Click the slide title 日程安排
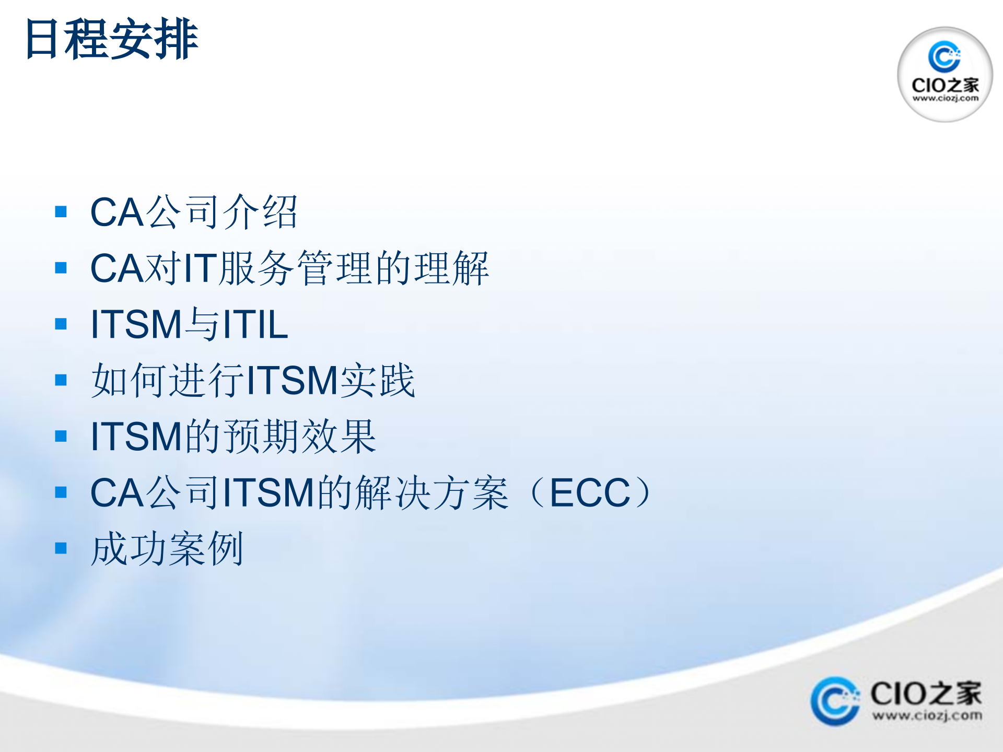(111, 39)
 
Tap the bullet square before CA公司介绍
(61, 211)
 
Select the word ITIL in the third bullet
(255, 324)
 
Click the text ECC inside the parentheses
(590, 492)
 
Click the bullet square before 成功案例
(61, 548)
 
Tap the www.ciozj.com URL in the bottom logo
(927, 715)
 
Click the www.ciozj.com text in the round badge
(945, 98)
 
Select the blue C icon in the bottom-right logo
(834, 701)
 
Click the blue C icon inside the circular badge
(944, 56)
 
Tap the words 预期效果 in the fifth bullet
(300, 437)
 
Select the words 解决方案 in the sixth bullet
(431, 492)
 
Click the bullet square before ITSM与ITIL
(61, 324)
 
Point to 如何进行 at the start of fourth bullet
(167, 380)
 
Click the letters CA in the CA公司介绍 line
(117, 212)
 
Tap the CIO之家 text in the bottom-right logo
(926, 694)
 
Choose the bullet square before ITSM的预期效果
(61, 436)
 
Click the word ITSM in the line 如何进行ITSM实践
(293, 380)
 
